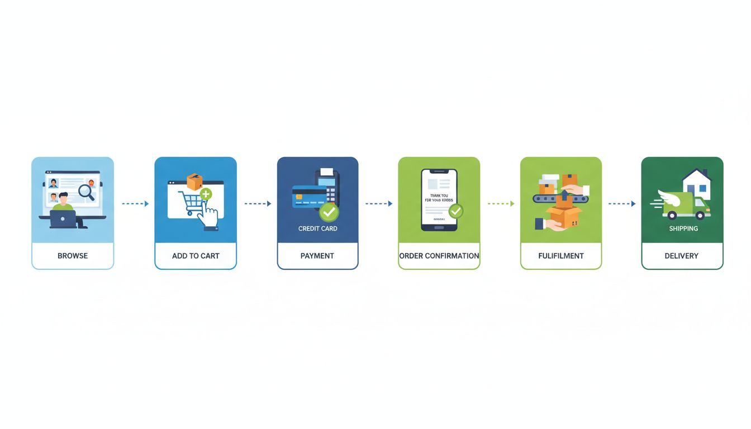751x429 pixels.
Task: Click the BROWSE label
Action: click(x=73, y=256)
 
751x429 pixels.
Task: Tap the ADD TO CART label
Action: click(x=196, y=256)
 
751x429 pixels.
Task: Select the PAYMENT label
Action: click(x=317, y=256)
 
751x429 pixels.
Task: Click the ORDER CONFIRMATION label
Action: click(x=439, y=256)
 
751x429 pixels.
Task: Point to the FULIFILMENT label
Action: click(x=561, y=256)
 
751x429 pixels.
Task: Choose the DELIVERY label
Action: click(x=682, y=256)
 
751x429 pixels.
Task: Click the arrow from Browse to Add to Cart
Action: click(x=135, y=204)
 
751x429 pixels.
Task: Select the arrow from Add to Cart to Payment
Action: click(x=257, y=204)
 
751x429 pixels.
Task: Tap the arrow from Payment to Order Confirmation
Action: click(x=378, y=204)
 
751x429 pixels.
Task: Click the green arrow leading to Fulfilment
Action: click(x=500, y=204)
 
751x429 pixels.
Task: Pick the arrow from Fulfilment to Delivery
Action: click(x=621, y=204)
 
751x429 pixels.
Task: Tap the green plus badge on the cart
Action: click(x=206, y=194)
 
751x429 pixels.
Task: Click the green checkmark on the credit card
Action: click(x=329, y=212)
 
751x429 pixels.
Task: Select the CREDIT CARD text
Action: click(x=317, y=228)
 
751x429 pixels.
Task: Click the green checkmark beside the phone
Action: click(x=455, y=211)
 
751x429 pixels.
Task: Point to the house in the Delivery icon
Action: click(x=696, y=184)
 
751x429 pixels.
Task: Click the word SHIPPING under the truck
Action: click(x=683, y=228)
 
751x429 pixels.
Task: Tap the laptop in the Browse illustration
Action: click(x=63, y=219)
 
